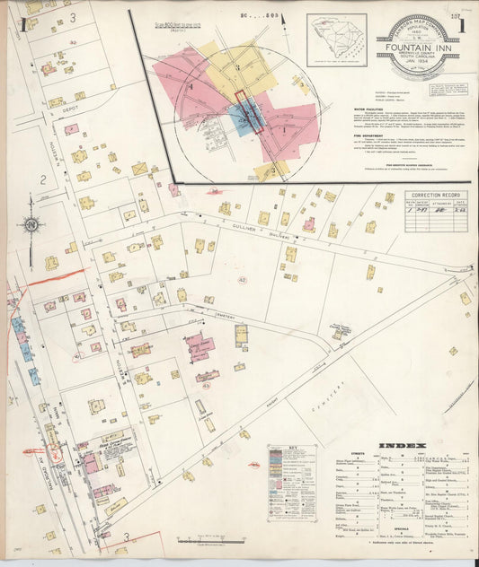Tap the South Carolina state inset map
pyautogui.click(x=336, y=39)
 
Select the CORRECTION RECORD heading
pyautogui.click(x=435, y=196)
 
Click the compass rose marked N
pyautogui.click(x=31, y=223)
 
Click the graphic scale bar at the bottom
pyautogui.click(x=214, y=541)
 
